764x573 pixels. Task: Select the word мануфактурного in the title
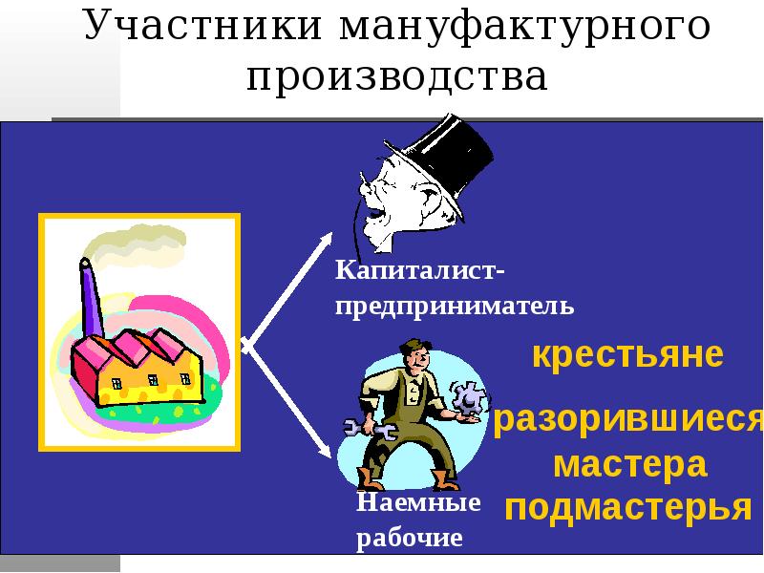pos(523,26)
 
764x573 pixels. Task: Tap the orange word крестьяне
pos(627,355)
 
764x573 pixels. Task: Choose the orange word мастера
pos(629,465)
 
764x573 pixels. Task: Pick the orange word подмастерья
pos(627,507)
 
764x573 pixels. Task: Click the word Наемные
pos(418,502)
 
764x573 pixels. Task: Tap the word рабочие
pos(409,539)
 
